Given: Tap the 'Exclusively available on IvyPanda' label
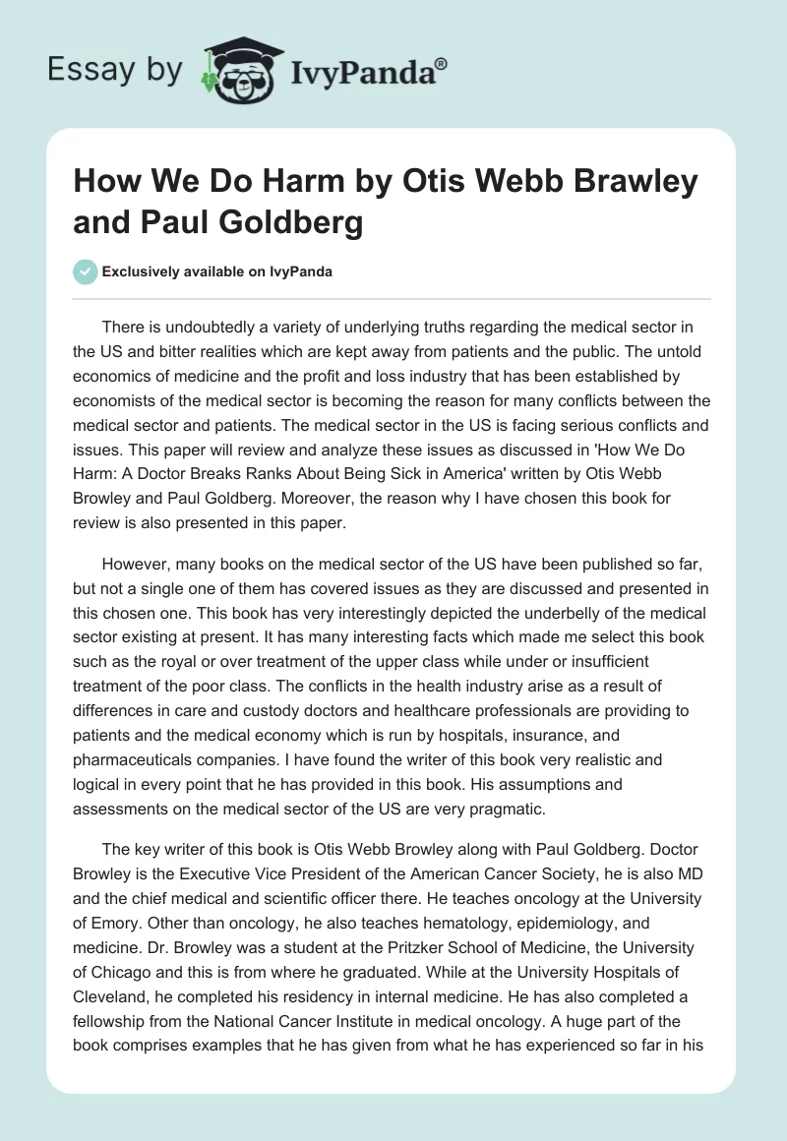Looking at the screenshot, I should coord(216,272).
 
